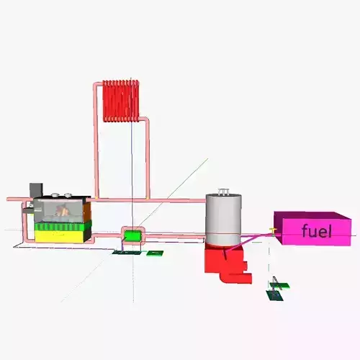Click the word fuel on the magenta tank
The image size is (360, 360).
click(316, 231)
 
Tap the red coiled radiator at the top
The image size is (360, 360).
click(120, 101)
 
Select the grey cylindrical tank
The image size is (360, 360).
click(222, 220)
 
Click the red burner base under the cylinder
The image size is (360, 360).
click(220, 260)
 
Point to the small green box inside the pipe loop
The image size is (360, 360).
click(132, 235)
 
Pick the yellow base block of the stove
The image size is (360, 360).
click(61, 235)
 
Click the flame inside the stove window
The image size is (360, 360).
click(63, 212)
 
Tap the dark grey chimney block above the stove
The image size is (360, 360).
click(36, 189)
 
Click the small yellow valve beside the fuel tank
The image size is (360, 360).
click(272, 230)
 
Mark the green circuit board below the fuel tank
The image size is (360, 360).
click(276, 292)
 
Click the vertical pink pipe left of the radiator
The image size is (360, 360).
click(95, 144)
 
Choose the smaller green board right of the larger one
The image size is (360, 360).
click(154, 253)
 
